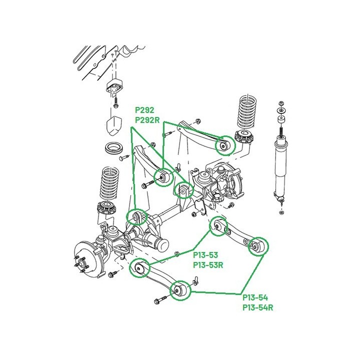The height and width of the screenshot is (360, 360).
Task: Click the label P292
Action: [144, 110]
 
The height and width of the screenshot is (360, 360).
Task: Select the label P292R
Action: [147, 120]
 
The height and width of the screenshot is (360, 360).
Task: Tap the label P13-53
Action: [205, 255]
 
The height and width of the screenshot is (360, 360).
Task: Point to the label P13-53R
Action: [208, 265]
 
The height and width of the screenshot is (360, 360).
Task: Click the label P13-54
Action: [255, 297]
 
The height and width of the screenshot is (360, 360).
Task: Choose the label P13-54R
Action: [258, 307]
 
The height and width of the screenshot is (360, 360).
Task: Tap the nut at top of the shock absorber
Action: [280, 102]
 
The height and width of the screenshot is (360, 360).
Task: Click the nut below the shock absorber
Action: [281, 212]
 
